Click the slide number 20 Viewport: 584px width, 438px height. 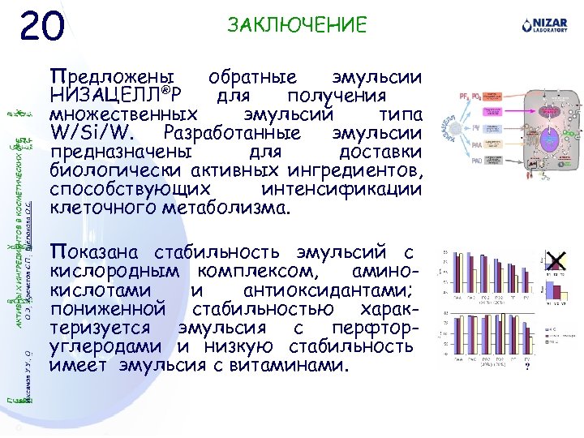(x=42, y=28)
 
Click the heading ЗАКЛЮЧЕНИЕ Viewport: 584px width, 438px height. (x=297, y=25)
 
